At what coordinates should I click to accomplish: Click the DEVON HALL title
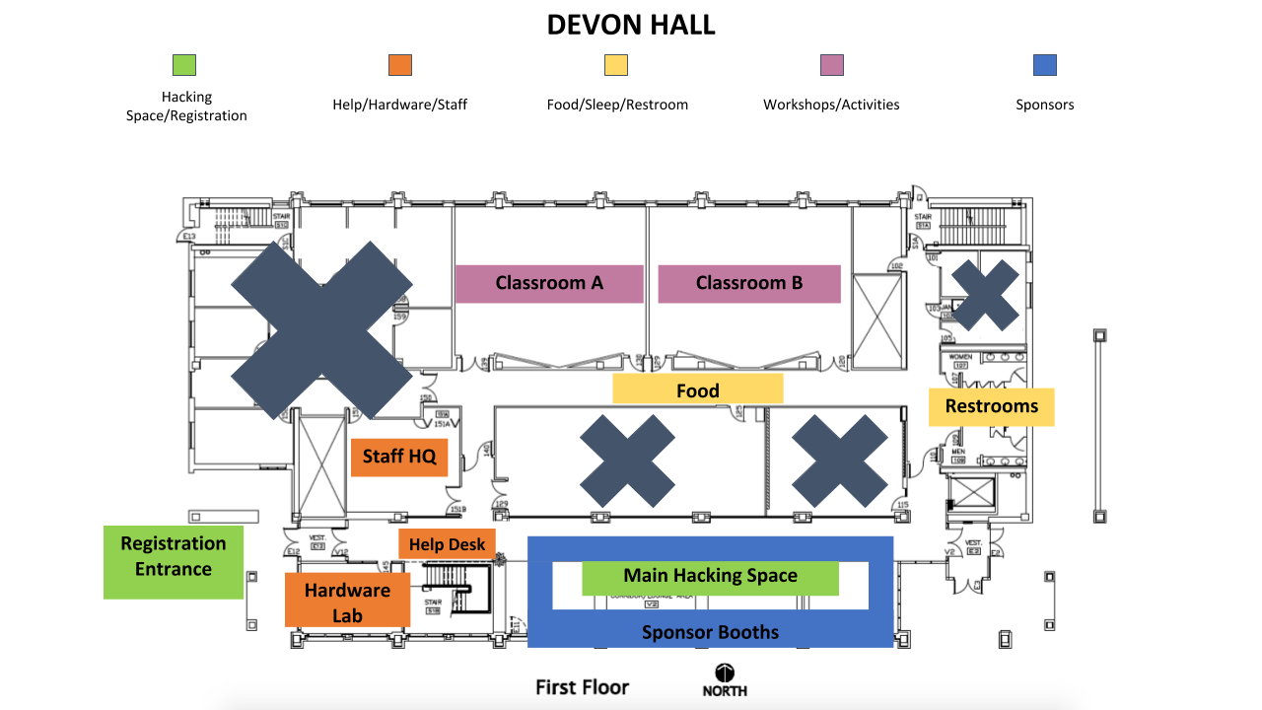tap(631, 26)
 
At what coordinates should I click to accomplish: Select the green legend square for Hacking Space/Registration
tap(184, 65)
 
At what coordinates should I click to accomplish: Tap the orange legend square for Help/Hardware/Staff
tap(400, 65)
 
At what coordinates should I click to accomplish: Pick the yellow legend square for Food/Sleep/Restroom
tap(616, 65)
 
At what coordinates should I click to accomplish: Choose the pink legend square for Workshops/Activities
tap(832, 65)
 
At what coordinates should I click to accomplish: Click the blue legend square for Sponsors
tap(1045, 65)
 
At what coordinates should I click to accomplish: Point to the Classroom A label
tap(549, 283)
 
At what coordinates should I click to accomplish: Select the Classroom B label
tap(749, 283)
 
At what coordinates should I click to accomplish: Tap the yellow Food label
tap(698, 390)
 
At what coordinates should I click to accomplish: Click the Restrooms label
tap(991, 406)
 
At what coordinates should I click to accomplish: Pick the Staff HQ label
tap(399, 457)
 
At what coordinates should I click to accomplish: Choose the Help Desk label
tap(447, 544)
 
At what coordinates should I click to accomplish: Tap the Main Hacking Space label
tap(710, 577)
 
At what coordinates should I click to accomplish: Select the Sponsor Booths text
tap(710, 632)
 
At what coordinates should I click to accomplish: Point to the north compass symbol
tap(725, 674)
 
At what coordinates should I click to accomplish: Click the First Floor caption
tap(582, 687)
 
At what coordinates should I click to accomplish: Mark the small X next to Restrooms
tap(985, 295)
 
